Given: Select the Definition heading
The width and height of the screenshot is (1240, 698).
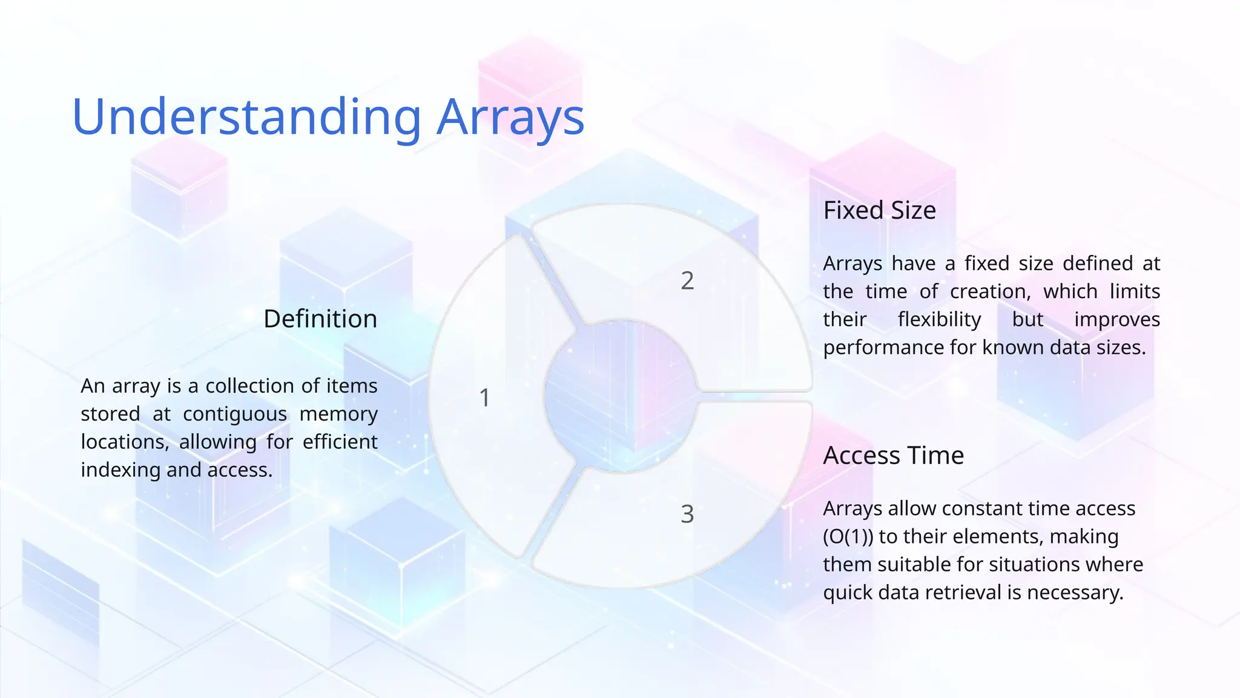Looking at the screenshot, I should click(320, 319).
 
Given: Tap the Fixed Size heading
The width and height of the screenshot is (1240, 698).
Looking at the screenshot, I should click(879, 210).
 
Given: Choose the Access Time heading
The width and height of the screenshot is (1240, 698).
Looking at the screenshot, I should click(893, 455).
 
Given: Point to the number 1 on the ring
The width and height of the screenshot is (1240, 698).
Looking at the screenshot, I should click(484, 398).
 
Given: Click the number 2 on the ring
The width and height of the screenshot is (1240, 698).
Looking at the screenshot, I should click(687, 281).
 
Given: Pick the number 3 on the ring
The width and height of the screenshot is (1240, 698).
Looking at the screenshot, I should click(687, 514).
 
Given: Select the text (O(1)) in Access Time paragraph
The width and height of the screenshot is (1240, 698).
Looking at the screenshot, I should click(848, 537).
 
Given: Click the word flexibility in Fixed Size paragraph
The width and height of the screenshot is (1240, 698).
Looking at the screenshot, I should click(939, 319).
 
